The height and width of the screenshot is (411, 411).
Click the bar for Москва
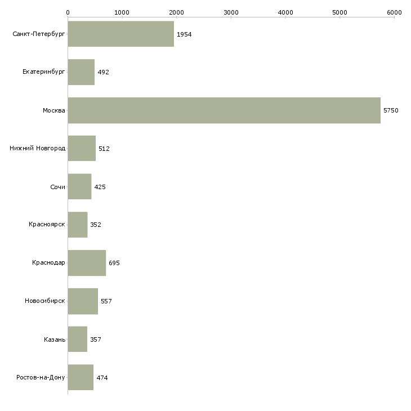(224, 110)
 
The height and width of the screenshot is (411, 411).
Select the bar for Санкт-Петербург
(121, 34)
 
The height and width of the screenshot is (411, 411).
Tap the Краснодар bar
(87, 263)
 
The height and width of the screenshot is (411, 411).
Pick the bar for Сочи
(79, 187)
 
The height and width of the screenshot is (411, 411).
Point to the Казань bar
(78, 339)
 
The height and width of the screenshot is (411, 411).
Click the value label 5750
(391, 111)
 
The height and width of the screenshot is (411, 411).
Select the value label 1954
(184, 35)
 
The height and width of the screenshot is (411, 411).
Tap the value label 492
(103, 73)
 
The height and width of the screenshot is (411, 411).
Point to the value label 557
(106, 301)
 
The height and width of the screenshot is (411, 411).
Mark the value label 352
(96, 225)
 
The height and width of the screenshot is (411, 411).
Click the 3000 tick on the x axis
(231, 12)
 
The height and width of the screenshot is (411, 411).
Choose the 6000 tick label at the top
(394, 12)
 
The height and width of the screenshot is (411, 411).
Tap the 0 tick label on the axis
(68, 12)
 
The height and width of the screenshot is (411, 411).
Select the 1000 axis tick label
(122, 12)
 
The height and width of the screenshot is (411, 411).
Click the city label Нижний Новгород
(37, 149)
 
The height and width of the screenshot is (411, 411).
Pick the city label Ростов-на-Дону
(41, 377)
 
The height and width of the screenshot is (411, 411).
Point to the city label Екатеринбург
(44, 73)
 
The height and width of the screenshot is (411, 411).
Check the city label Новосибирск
(45, 301)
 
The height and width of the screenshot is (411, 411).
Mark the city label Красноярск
(47, 225)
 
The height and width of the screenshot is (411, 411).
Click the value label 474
(102, 378)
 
